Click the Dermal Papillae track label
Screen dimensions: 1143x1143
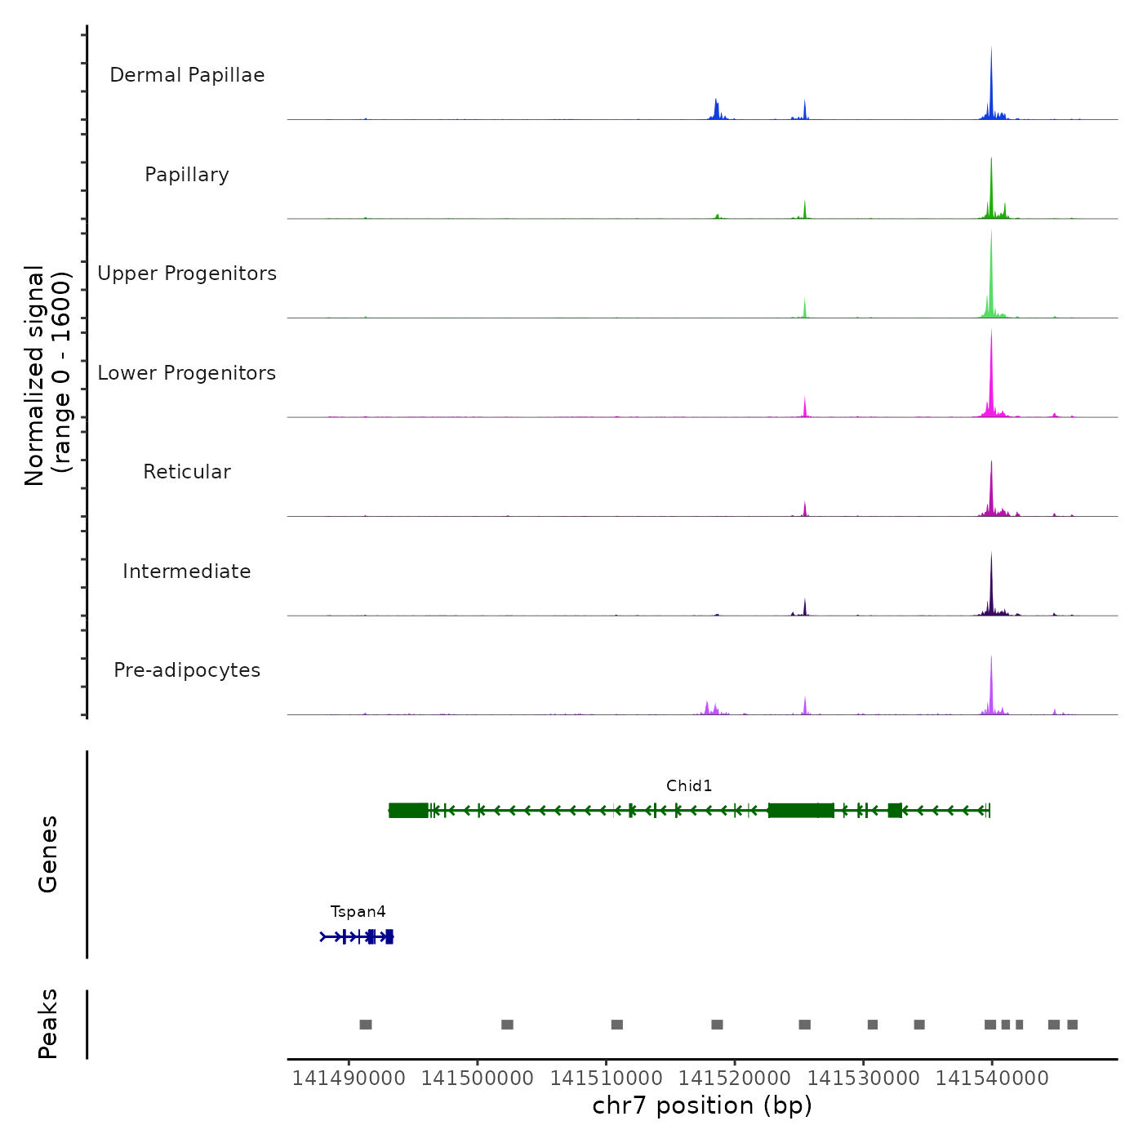(x=187, y=75)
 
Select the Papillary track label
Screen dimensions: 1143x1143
(x=187, y=175)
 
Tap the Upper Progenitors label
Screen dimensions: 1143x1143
(x=187, y=274)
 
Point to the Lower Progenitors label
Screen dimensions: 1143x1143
(x=187, y=373)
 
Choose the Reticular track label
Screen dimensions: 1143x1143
(x=187, y=472)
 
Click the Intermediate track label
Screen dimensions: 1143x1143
(x=187, y=571)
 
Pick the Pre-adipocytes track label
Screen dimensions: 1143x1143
(x=187, y=670)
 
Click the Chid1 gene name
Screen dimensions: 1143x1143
(x=689, y=786)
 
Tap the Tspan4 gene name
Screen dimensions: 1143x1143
(x=358, y=912)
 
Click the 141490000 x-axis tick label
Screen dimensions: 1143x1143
(x=349, y=1079)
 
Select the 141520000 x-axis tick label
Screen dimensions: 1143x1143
(x=735, y=1079)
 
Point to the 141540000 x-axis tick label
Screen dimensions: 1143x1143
(x=992, y=1079)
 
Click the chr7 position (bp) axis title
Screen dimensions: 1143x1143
(x=702, y=1105)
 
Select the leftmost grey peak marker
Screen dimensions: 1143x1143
(x=366, y=1025)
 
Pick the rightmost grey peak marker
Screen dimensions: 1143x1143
(x=1073, y=1025)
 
